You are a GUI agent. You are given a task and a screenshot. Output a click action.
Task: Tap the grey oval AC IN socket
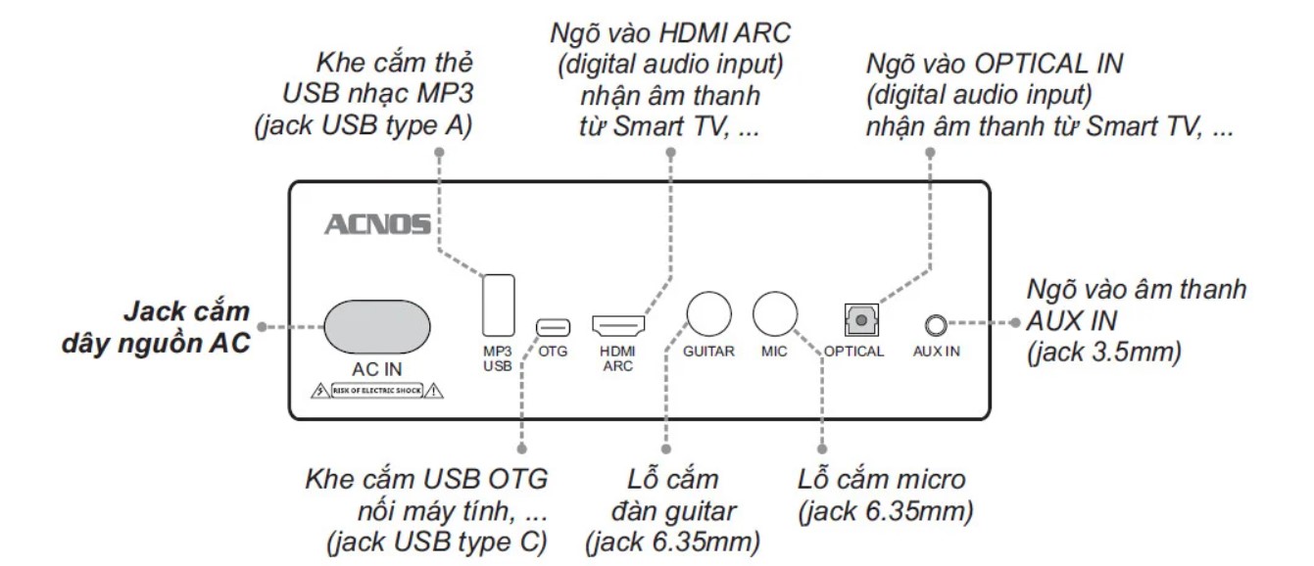coord(377,325)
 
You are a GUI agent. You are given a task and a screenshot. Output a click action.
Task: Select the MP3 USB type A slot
coord(497,306)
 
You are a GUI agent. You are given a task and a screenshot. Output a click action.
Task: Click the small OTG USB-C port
coord(547,325)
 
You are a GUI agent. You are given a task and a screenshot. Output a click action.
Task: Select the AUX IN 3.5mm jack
coord(935,324)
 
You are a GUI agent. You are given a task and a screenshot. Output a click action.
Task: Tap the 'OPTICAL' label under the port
coord(854,353)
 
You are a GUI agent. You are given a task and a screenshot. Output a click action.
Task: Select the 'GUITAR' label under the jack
coord(709,353)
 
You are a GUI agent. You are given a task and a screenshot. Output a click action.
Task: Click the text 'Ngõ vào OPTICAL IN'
coord(995,66)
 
